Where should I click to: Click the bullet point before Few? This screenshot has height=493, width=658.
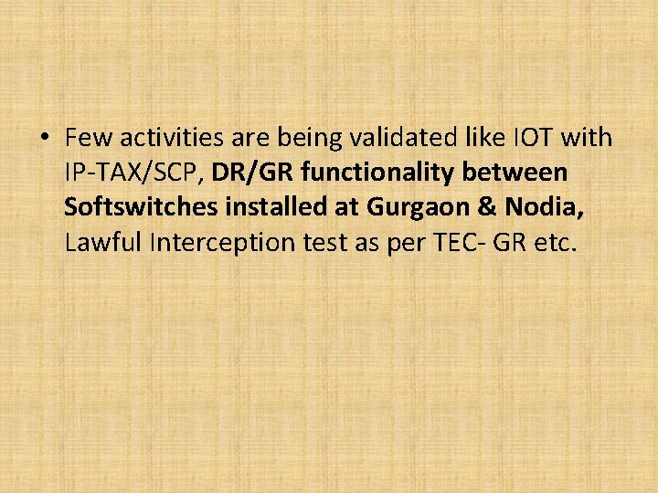[x=45, y=138]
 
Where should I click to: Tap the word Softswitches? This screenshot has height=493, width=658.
[x=139, y=207]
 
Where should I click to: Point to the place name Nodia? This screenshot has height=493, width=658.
[x=547, y=207]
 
